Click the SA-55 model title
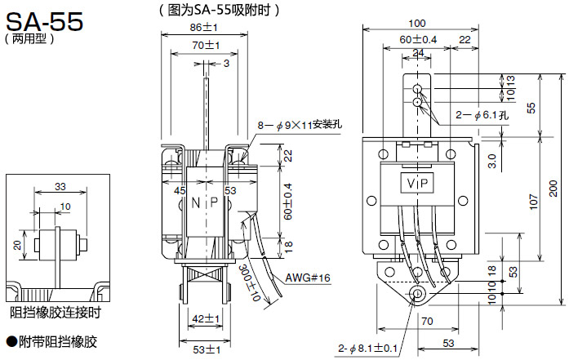click(44, 21)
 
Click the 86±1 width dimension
click(203, 27)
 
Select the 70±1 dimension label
click(206, 46)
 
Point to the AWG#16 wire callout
click(308, 278)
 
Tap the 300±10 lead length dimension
click(250, 283)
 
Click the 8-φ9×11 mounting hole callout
click(300, 125)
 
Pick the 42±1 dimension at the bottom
click(206, 319)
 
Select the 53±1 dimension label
click(207, 350)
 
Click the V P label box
click(419, 183)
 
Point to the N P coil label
click(205, 202)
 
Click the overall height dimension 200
click(553, 189)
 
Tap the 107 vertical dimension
click(533, 202)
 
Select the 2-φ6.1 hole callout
click(482, 115)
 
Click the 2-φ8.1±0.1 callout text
click(368, 349)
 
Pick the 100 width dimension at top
click(417, 23)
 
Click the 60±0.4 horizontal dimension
click(418, 39)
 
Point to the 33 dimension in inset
click(60, 187)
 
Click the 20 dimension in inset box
click(17, 246)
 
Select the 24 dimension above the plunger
click(418, 53)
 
